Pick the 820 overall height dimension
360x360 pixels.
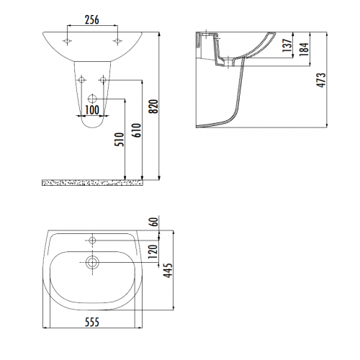point(152,107)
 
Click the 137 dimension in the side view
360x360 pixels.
point(286,48)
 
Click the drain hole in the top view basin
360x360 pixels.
point(91,263)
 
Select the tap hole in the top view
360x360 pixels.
point(91,239)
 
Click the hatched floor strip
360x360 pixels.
point(91,182)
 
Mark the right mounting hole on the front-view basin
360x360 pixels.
point(115,41)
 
